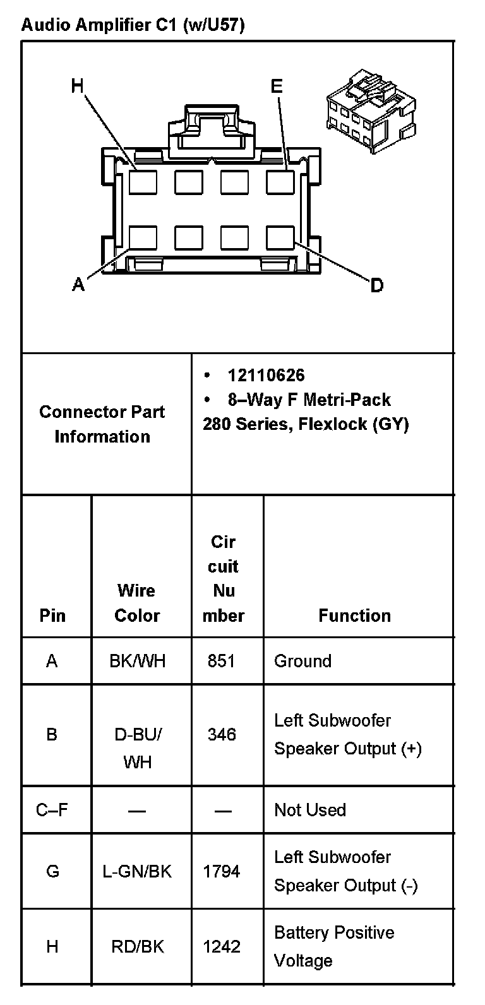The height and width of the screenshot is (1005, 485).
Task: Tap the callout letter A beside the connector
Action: point(78,285)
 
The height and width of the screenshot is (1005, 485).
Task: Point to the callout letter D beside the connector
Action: point(376,286)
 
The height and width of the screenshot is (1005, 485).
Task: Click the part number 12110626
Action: point(266,376)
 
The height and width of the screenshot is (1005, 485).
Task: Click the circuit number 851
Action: point(221,661)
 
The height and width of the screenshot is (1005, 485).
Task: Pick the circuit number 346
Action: point(222,734)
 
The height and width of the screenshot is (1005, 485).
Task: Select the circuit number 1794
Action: point(222,872)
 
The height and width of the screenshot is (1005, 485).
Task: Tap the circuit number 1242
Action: point(222,946)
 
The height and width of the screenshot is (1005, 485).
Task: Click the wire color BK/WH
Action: point(137,661)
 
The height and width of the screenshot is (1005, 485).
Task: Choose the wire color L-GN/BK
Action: point(137,872)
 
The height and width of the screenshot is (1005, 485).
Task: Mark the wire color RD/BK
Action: point(137,946)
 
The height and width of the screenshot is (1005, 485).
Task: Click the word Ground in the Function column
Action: point(302,661)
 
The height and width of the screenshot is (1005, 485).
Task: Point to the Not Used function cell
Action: point(310,810)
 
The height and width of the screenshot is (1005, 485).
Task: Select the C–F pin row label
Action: point(52,810)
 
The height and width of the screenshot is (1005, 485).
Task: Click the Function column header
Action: point(354,615)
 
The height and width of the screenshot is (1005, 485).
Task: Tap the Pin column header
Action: point(52,615)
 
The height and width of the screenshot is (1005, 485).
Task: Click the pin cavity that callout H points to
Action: point(143,182)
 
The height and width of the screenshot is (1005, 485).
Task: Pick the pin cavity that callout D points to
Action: point(280,238)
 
